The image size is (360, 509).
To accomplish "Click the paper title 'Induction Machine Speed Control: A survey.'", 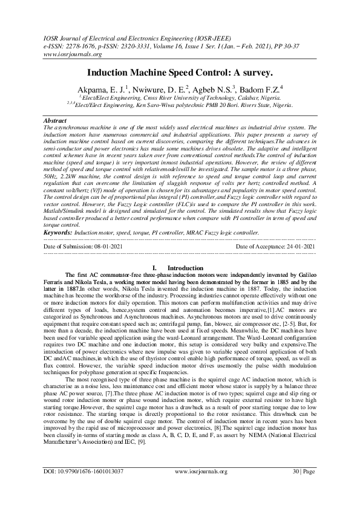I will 180,72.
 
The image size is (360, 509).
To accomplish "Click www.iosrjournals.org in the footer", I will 200,488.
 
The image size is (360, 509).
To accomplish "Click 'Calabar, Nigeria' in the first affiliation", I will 242,97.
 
